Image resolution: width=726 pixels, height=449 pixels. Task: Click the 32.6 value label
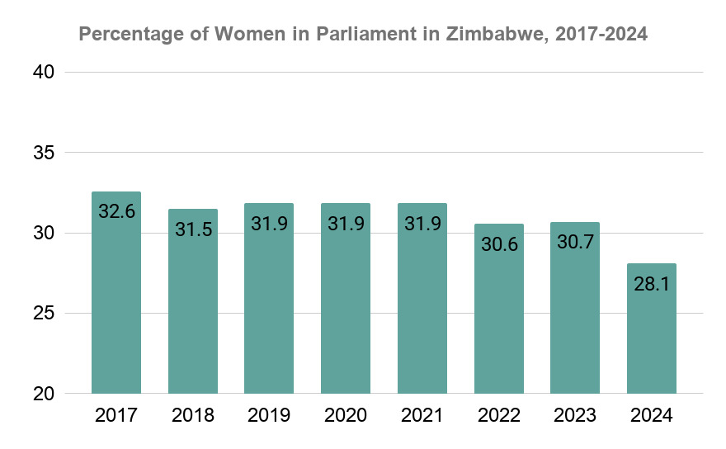(116, 211)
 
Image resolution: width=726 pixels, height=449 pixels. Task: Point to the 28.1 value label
(652, 283)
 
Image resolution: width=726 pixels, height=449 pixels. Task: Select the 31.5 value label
(193, 229)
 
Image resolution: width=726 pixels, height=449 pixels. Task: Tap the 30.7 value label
(575, 242)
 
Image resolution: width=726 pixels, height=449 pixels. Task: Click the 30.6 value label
(498, 243)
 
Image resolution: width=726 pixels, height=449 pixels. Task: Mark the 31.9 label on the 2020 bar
(346, 223)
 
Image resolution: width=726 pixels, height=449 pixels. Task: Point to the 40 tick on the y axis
(45, 73)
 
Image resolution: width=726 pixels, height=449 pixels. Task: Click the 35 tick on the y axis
(45, 153)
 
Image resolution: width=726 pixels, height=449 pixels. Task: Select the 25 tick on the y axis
(45, 314)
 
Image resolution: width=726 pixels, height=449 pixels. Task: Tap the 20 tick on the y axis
(45, 394)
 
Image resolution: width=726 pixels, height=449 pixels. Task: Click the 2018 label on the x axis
(193, 416)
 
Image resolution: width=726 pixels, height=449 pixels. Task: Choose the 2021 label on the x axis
(422, 416)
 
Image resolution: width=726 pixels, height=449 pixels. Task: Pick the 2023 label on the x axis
(575, 416)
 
